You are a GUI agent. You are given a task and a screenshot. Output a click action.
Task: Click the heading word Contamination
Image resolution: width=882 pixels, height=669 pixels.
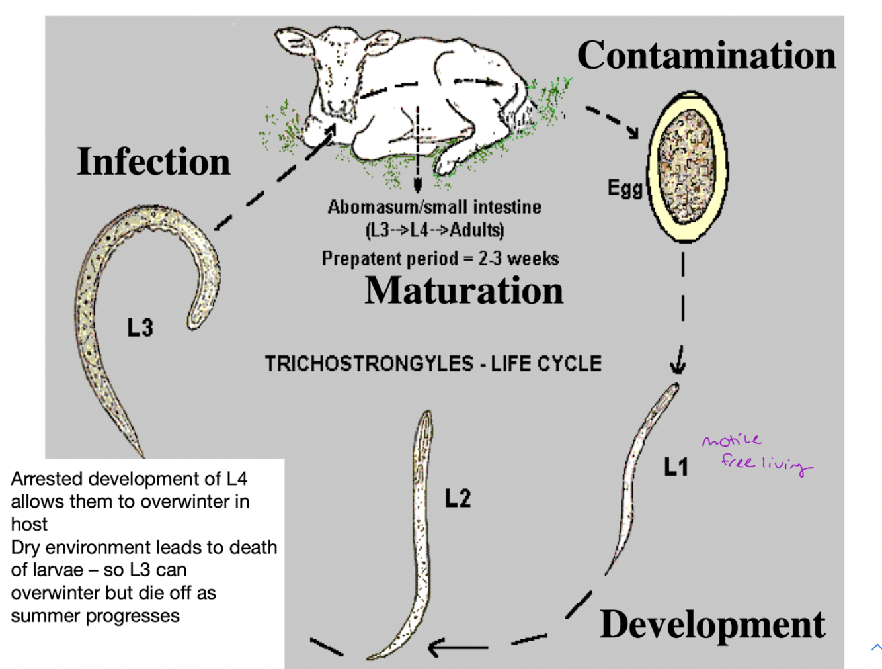[706, 56]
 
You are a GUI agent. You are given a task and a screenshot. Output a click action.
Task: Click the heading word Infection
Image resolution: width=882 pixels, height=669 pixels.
[153, 161]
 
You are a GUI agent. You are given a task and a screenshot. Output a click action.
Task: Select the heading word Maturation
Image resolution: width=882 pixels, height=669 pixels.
[463, 290]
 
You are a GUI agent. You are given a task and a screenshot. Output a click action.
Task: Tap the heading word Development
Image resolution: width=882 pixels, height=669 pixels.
[712, 624]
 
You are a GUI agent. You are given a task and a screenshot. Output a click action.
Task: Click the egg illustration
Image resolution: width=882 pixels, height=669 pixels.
[688, 166]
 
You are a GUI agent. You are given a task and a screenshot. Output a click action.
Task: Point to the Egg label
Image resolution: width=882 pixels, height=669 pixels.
[624, 189]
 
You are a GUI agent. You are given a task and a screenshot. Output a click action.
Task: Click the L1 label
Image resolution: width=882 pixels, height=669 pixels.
[676, 468]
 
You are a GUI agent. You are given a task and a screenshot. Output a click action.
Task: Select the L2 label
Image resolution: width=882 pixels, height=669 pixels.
[458, 498]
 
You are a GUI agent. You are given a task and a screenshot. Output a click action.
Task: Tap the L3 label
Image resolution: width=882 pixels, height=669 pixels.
[140, 328]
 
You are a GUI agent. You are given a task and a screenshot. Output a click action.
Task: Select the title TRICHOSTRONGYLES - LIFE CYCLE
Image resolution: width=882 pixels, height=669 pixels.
[433, 364]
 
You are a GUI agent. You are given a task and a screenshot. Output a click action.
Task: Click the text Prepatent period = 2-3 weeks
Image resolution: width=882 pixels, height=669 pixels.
[440, 259]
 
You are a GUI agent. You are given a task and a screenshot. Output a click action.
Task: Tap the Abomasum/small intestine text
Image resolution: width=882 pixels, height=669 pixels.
[434, 208]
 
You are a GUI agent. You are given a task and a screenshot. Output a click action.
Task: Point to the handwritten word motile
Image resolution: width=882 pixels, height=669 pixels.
[731, 441]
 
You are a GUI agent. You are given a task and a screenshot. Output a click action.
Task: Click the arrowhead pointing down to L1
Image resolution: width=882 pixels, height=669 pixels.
[678, 365]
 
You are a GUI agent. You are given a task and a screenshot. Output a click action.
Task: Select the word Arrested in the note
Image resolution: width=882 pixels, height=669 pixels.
[41, 479]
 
